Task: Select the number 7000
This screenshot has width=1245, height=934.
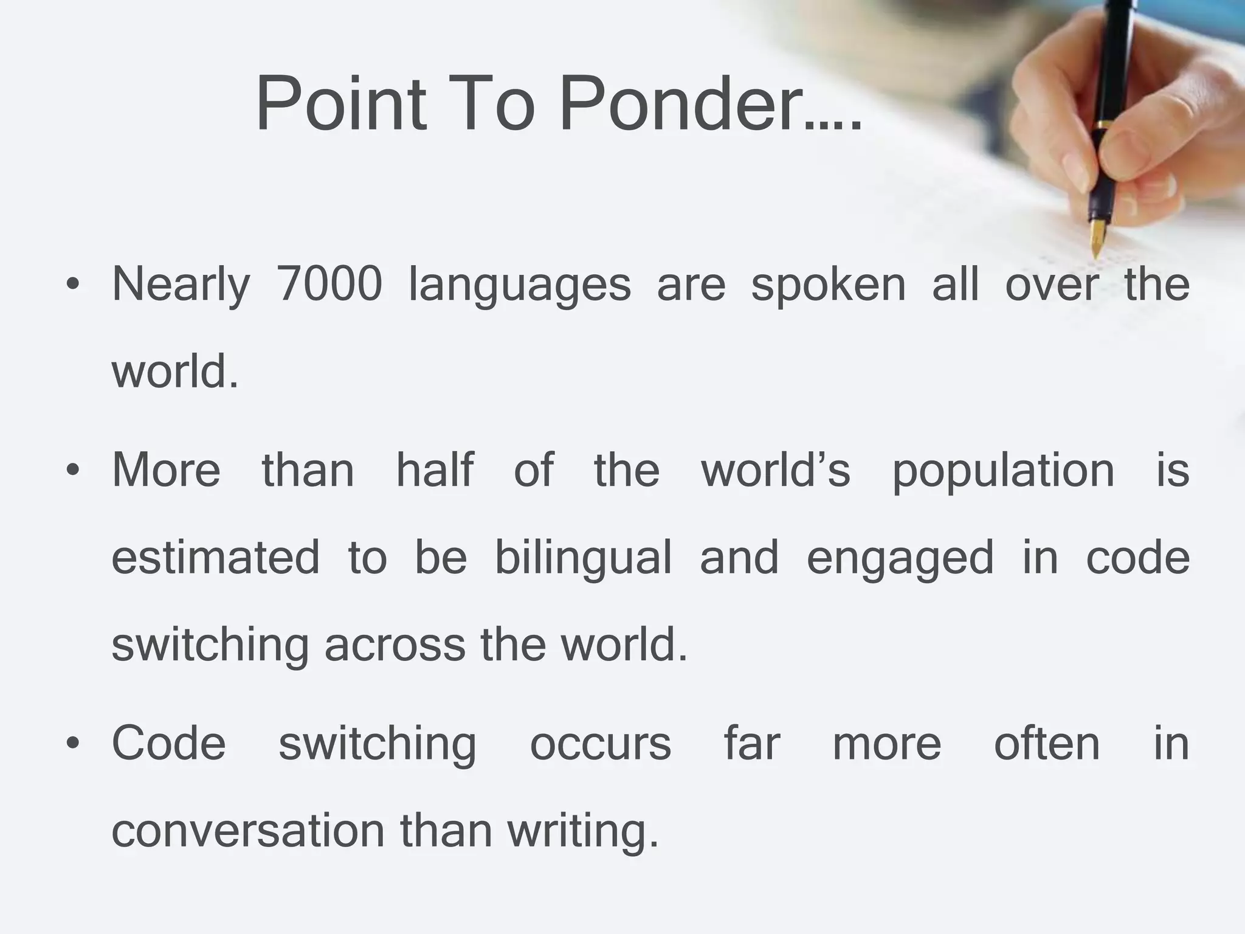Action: (x=329, y=284)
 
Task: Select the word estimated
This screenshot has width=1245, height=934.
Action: (x=215, y=557)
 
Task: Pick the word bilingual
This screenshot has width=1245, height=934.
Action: (x=583, y=558)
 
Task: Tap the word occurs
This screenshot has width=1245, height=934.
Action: (x=601, y=744)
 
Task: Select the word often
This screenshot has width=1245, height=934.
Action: (x=1047, y=742)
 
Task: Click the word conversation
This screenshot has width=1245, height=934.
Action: (x=248, y=831)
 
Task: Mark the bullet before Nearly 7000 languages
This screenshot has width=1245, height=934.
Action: (x=74, y=284)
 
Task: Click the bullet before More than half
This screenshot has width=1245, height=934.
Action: (x=74, y=470)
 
